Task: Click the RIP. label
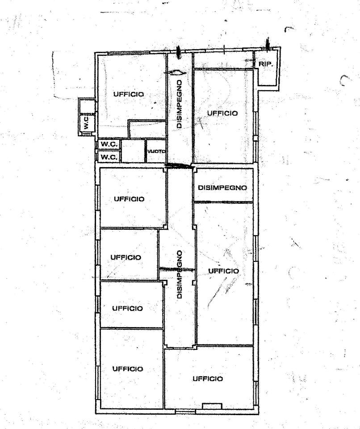pos(266,64)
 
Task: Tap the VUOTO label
pos(156,151)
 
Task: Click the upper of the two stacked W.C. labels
pos(109,144)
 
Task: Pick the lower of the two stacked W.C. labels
pos(109,157)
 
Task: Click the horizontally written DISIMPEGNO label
pos(222,188)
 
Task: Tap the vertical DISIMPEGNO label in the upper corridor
pos(180,104)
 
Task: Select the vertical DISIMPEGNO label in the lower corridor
pos(180,274)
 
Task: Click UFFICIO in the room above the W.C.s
pos(129,94)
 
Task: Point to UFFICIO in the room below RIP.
pos(222,113)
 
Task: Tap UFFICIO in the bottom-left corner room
pos(127,369)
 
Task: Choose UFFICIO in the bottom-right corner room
pos(208,379)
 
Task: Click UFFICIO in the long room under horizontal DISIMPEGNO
pos(223,271)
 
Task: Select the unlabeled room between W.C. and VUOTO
pos(133,151)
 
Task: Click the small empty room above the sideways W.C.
pos(87,105)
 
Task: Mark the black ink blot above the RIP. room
pos(268,44)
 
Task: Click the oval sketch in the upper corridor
pos(176,73)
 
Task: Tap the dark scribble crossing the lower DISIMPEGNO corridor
pos(177,269)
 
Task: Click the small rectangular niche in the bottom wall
pos(212,406)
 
